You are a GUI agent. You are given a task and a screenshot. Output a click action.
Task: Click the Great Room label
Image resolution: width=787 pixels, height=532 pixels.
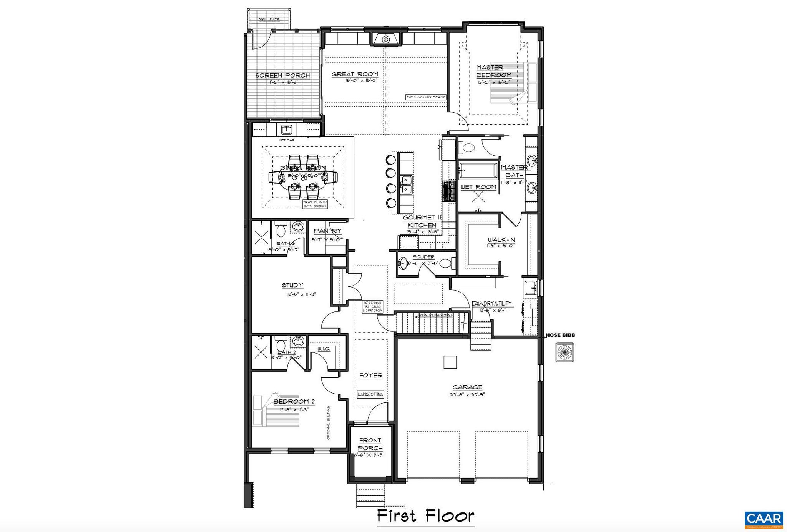tap(355, 74)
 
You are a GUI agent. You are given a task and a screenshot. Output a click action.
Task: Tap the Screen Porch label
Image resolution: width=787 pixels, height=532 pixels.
tap(282, 75)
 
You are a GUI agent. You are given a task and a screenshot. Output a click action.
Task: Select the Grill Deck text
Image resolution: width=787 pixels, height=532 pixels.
tap(269, 19)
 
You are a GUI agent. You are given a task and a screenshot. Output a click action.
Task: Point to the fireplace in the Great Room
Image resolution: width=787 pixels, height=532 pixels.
tap(386, 39)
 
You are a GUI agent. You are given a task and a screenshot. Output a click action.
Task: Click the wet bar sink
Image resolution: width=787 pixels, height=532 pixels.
tap(287, 129)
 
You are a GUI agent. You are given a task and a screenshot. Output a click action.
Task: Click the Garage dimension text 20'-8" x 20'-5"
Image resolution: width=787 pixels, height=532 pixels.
tap(467, 395)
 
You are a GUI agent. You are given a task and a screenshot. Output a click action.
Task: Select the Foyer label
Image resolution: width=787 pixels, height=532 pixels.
tap(370, 376)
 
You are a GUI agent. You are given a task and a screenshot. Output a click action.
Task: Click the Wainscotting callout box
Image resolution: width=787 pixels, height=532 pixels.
tap(370, 394)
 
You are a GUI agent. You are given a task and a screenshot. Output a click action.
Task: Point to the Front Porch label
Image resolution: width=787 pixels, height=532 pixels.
tap(370, 444)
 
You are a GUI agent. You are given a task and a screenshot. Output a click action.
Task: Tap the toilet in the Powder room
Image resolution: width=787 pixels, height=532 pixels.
tap(445, 263)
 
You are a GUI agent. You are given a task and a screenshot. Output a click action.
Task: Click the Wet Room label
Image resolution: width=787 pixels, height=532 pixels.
tap(478, 187)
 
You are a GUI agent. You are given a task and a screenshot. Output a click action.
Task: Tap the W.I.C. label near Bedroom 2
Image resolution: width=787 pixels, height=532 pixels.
tap(324, 349)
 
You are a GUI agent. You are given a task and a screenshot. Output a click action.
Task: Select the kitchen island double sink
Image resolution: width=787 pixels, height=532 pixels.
tap(405, 185)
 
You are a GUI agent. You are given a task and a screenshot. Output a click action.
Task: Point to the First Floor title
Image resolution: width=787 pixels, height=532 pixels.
tap(425, 515)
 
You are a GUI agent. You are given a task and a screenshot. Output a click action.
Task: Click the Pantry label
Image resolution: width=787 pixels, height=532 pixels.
tap(327, 231)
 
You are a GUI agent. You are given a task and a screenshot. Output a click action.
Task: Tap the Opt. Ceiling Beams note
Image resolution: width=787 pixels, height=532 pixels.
tap(426, 97)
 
